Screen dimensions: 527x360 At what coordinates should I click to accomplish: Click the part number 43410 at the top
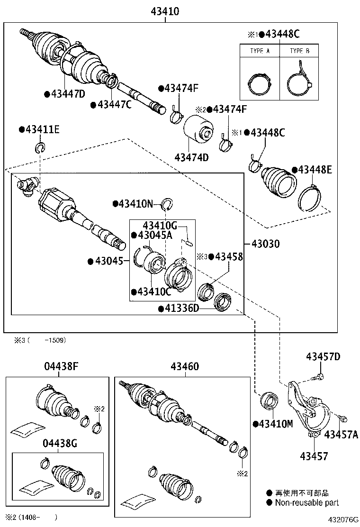(165, 11)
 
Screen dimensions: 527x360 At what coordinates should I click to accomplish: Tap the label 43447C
(114, 104)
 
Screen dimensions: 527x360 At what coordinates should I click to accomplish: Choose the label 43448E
(315, 170)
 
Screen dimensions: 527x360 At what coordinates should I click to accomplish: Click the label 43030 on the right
(265, 244)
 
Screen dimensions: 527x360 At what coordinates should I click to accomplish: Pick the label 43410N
(135, 204)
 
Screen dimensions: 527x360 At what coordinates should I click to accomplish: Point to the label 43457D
(323, 356)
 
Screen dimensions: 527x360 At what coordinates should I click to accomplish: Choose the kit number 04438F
(59, 366)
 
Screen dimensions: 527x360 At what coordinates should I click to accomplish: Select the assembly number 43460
(185, 366)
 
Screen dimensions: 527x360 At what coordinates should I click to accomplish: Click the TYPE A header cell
(260, 51)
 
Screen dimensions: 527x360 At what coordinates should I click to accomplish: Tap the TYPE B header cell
(299, 51)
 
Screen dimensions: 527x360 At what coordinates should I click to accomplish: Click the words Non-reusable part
(306, 503)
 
